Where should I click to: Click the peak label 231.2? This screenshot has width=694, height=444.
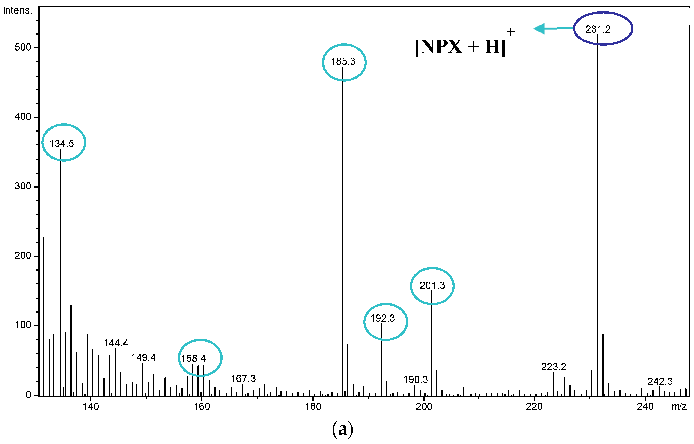pyautogui.click(x=598, y=29)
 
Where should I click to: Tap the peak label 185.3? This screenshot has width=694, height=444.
pyautogui.click(x=343, y=61)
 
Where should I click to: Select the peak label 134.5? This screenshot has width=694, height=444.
pyautogui.click(x=62, y=143)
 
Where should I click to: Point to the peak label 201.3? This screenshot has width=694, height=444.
pyautogui.click(x=432, y=285)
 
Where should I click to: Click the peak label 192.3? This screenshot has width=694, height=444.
pyautogui.click(x=382, y=318)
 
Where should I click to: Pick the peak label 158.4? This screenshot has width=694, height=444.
pyautogui.click(x=193, y=358)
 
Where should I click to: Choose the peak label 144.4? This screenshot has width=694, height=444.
pyautogui.click(x=116, y=343)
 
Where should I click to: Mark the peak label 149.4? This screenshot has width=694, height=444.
pyautogui.click(x=143, y=357)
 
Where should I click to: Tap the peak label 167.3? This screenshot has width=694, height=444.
pyautogui.click(x=243, y=379)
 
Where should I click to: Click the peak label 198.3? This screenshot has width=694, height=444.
pyautogui.click(x=415, y=379)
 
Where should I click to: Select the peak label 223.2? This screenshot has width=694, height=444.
pyautogui.click(x=553, y=367)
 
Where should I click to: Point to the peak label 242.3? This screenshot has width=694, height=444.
pyautogui.click(x=660, y=381)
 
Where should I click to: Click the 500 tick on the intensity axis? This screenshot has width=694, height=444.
pyautogui.click(x=23, y=47)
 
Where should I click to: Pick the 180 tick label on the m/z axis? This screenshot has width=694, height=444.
pyautogui.click(x=313, y=407)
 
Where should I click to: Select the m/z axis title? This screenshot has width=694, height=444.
pyautogui.click(x=679, y=407)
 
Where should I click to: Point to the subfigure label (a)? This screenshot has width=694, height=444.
pyautogui.click(x=342, y=429)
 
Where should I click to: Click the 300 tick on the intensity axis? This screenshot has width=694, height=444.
pyautogui.click(x=23, y=186)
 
